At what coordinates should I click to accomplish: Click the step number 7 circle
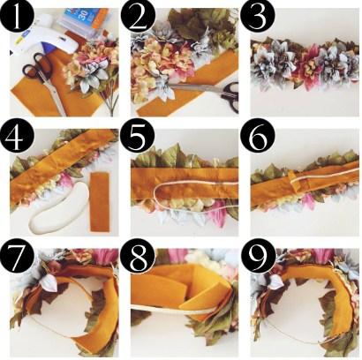pos(17,254)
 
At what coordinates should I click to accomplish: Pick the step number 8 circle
pos(138,254)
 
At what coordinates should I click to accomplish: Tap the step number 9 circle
pos(258,254)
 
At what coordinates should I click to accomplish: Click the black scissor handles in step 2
pos(230,95)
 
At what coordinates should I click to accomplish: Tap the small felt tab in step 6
pos(293,178)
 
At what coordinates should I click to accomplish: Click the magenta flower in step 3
pos(311,69)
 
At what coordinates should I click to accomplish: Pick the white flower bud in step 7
pos(49,282)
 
